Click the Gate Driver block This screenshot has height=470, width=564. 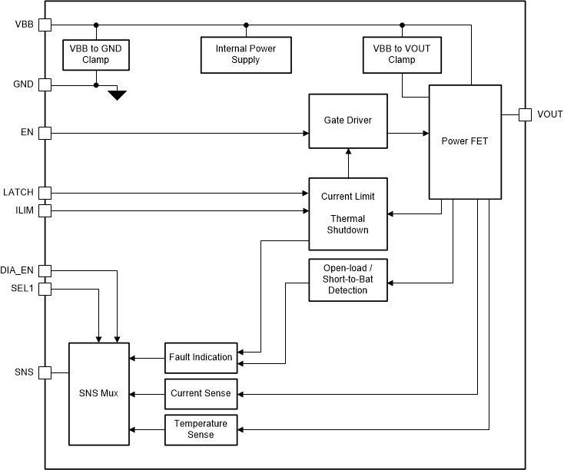point(347,121)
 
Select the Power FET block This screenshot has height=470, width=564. point(464,141)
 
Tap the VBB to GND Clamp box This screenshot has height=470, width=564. point(96,54)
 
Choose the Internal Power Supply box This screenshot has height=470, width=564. point(246,54)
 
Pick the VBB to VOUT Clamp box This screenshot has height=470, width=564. point(401,54)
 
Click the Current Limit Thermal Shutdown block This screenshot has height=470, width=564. point(347,213)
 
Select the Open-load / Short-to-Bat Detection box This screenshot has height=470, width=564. point(347,280)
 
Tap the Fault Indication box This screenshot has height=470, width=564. point(201,357)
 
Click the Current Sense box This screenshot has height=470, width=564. point(201,393)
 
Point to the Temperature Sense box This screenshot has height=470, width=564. point(201,429)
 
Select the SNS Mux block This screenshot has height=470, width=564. point(99,393)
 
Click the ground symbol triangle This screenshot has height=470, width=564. point(117,95)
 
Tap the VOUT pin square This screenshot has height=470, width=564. point(525,114)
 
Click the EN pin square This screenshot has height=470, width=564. point(45,133)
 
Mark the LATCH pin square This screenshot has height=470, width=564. point(45,192)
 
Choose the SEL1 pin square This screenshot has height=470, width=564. point(45,289)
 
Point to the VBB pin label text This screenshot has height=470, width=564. point(24,25)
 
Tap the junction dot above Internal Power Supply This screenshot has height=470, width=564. point(246,25)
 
